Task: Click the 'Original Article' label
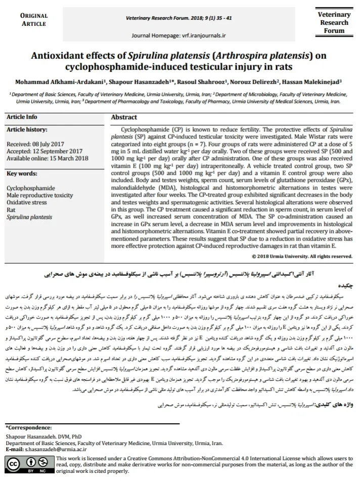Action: point(33,20)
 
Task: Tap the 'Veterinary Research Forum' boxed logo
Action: point(334,23)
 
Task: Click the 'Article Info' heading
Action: point(22,117)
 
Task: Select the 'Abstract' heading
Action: point(124,118)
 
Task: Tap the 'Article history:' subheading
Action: point(27,130)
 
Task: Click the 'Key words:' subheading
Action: point(22,173)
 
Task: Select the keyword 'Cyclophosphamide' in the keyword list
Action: point(31,188)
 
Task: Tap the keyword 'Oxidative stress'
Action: point(27,202)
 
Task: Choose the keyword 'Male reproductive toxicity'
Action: point(40,195)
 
